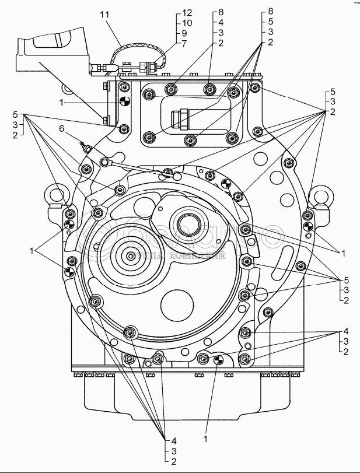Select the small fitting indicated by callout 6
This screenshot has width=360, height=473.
click(86, 148)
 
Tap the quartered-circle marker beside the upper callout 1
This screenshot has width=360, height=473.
click(124, 102)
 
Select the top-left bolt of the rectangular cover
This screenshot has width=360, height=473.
click(149, 94)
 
